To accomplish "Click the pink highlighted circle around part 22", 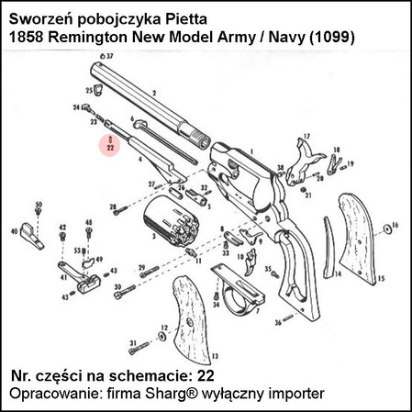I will coord(109,143).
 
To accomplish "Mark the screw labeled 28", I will coord(121,212).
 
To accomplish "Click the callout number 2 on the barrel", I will coord(154,93).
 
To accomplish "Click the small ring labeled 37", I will coord(100,57).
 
